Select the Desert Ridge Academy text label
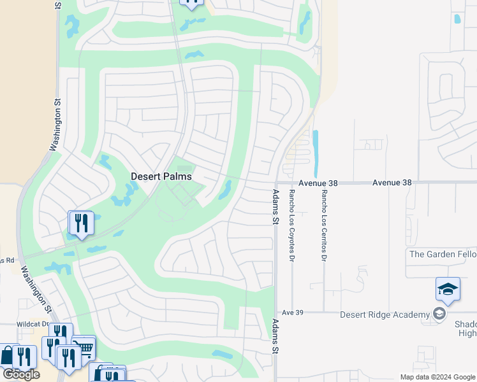385,315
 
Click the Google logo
20,374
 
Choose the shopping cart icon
84,346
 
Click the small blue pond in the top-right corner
457,19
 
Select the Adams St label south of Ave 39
275,336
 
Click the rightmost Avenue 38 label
392,182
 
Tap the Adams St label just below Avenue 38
275,207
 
